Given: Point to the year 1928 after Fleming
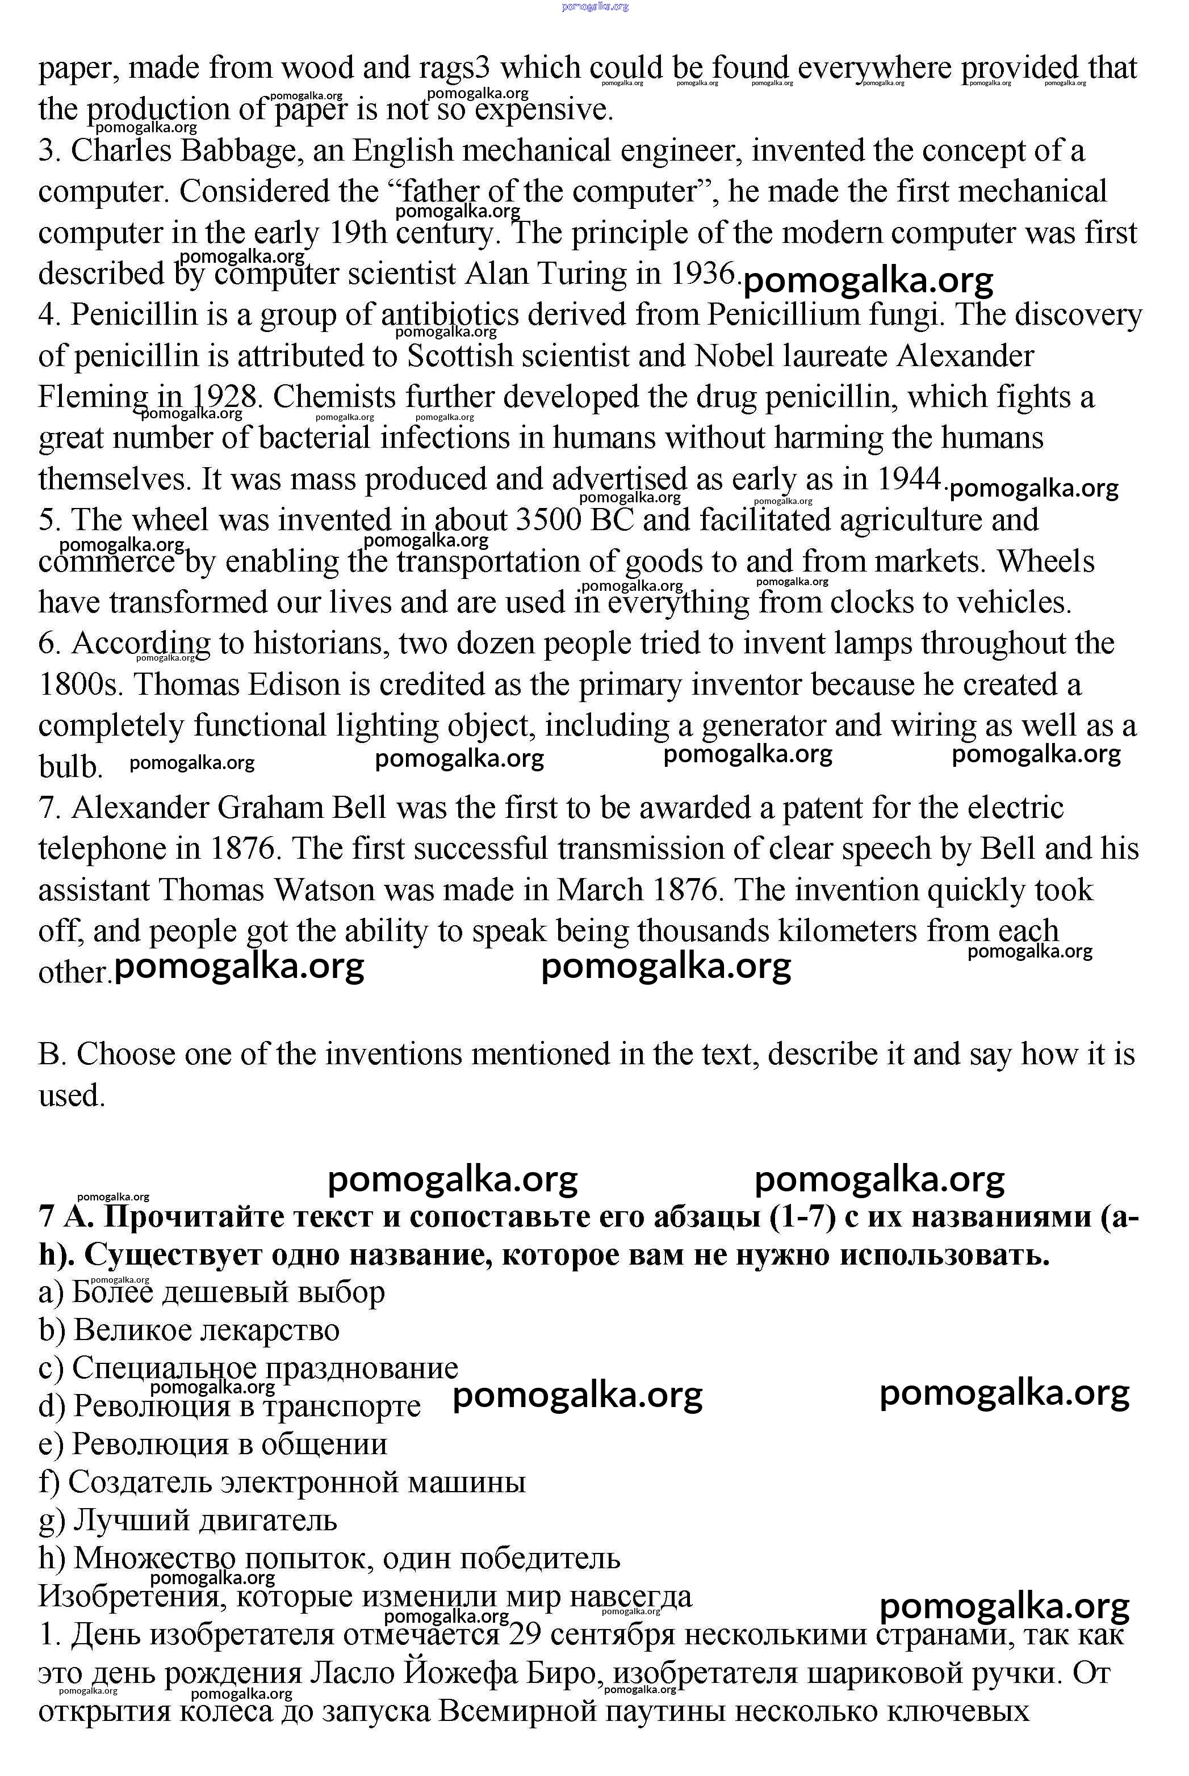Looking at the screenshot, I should click(222, 396).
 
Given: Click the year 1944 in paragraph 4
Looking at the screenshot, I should click(909, 478).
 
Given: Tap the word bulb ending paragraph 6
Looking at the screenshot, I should click(70, 766).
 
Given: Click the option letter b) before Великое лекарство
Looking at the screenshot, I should click(52, 1329).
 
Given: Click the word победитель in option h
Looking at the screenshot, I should click(541, 1557).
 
